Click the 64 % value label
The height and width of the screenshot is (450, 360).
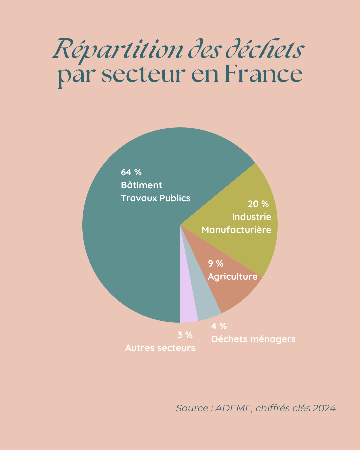point(131,172)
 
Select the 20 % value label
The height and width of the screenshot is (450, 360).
point(258,204)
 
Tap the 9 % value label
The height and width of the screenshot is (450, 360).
point(216,264)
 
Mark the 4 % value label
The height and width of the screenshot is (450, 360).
point(219,326)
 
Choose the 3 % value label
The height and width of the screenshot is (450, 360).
point(185,335)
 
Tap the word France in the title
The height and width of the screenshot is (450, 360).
point(263,74)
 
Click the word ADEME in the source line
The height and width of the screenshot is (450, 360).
point(233,408)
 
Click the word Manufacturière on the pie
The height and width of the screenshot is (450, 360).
point(236,230)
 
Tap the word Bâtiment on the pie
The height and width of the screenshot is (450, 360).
point(141,185)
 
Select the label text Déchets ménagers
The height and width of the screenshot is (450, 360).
point(253,339)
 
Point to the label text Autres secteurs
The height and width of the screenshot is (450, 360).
point(160,348)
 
